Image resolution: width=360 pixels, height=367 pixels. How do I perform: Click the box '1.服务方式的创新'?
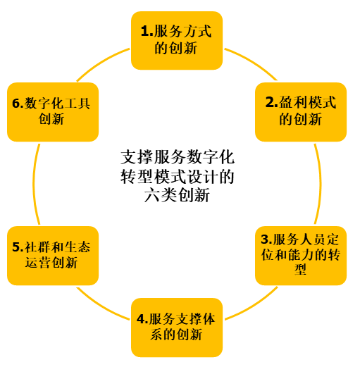(x=177, y=40)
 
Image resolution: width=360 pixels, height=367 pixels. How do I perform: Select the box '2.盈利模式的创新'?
(x=301, y=112)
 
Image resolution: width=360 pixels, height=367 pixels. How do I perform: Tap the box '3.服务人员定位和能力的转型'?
(x=301, y=256)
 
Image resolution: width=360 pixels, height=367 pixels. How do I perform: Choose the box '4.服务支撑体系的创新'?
(x=177, y=328)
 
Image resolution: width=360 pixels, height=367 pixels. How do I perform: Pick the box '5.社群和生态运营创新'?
(x=53, y=256)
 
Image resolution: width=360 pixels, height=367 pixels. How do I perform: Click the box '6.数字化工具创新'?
(x=53, y=112)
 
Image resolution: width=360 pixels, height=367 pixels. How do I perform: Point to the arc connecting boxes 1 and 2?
(x=252, y=61)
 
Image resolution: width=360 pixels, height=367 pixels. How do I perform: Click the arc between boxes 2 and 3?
(x=321, y=184)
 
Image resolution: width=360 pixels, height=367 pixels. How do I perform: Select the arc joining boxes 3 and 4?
(x=253, y=306)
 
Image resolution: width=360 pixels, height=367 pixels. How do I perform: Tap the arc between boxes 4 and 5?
(x=101, y=306)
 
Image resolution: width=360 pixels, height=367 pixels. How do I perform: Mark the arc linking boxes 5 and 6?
(x=34, y=184)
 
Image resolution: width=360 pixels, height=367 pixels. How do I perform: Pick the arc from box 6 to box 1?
(x=101, y=62)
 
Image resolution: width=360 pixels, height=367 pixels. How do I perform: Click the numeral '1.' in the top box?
(x=147, y=31)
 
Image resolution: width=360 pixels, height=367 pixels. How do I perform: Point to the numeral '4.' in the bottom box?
(x=143, y=319)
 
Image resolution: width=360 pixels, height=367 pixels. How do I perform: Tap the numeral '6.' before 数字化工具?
(x=18, y=104)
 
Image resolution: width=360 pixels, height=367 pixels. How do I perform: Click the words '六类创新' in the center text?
(x=177, y=195)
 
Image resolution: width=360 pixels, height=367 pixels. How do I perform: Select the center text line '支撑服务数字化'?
(x=178, y=157)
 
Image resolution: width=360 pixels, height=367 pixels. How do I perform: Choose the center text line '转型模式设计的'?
(x=178, y=177)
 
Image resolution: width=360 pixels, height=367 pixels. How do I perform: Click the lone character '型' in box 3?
(x=301, y=269)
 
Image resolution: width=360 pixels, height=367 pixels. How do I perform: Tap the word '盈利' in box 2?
(x=292, y=102)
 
